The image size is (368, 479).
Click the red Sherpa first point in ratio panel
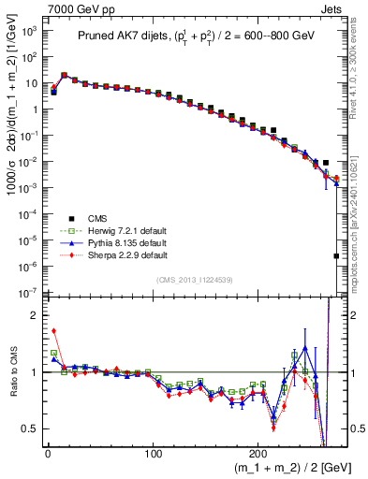[x=53, y=330]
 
